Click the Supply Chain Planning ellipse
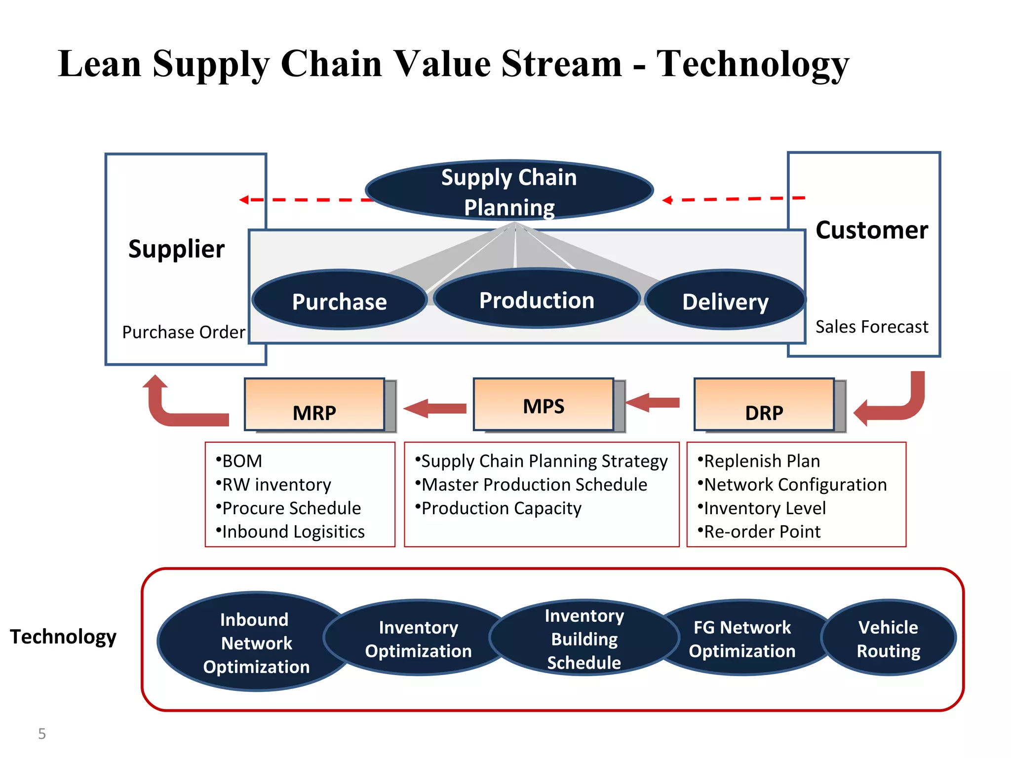[x=509, y=191]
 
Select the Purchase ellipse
[x=340, y=301]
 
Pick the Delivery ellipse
[x=725, y=301]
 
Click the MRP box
[x=315, y=405]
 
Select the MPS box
[x=544, y=405]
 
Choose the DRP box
[x=764, y=405]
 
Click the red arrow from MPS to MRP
[x=434, y=409]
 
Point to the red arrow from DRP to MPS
[x=653, y=403]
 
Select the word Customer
[x=872, y=230]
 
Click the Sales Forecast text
[x=872, y=327]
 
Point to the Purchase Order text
[x=184, y=332]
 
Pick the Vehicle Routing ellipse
[x=888, y=639]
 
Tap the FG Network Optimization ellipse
[x=742, y=639]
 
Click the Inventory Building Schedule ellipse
[x=584, y=639]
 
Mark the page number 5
[x=42, y=734]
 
